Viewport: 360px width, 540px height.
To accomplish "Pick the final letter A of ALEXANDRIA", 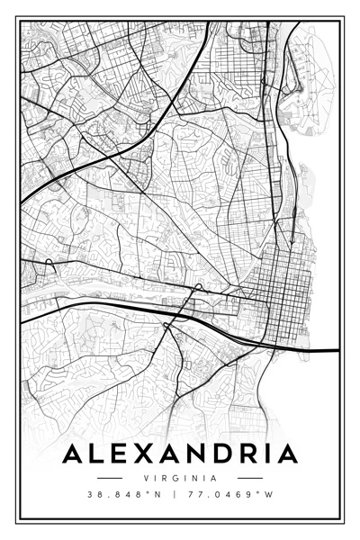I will (x=287, y=454).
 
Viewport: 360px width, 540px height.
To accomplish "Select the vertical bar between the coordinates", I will (x=175, y=495).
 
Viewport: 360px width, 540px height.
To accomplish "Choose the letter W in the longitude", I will (x=269, y=495).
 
